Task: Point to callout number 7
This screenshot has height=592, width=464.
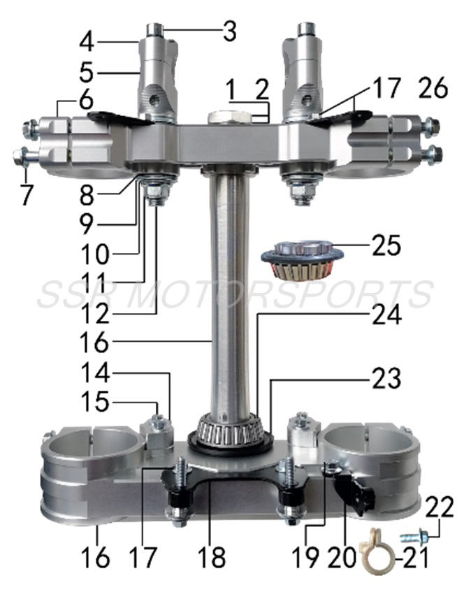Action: tap(26, 195)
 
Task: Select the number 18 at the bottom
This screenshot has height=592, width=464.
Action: tap(211, 558)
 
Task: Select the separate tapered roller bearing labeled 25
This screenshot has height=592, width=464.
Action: tap(303, 262)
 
